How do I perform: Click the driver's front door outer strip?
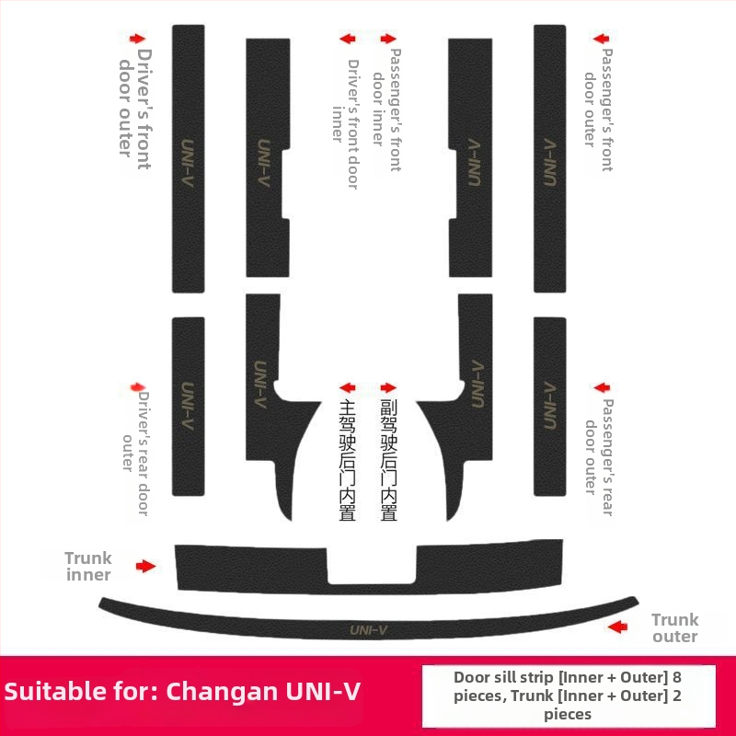(189, 156)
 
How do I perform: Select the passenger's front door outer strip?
(549, 156)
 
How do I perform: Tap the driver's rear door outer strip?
(189, 405)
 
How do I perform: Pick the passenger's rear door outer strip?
(549, 405)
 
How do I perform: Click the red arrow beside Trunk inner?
(145, 566)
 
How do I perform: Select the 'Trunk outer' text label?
(674, 627)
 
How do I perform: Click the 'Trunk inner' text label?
(88, 566)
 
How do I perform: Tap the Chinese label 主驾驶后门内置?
(347, 460)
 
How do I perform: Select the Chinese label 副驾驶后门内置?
(389, 460)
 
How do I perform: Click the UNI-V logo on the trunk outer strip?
(368, 630)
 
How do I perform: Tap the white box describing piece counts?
(568, 695)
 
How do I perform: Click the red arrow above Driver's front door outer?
(138, 39)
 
